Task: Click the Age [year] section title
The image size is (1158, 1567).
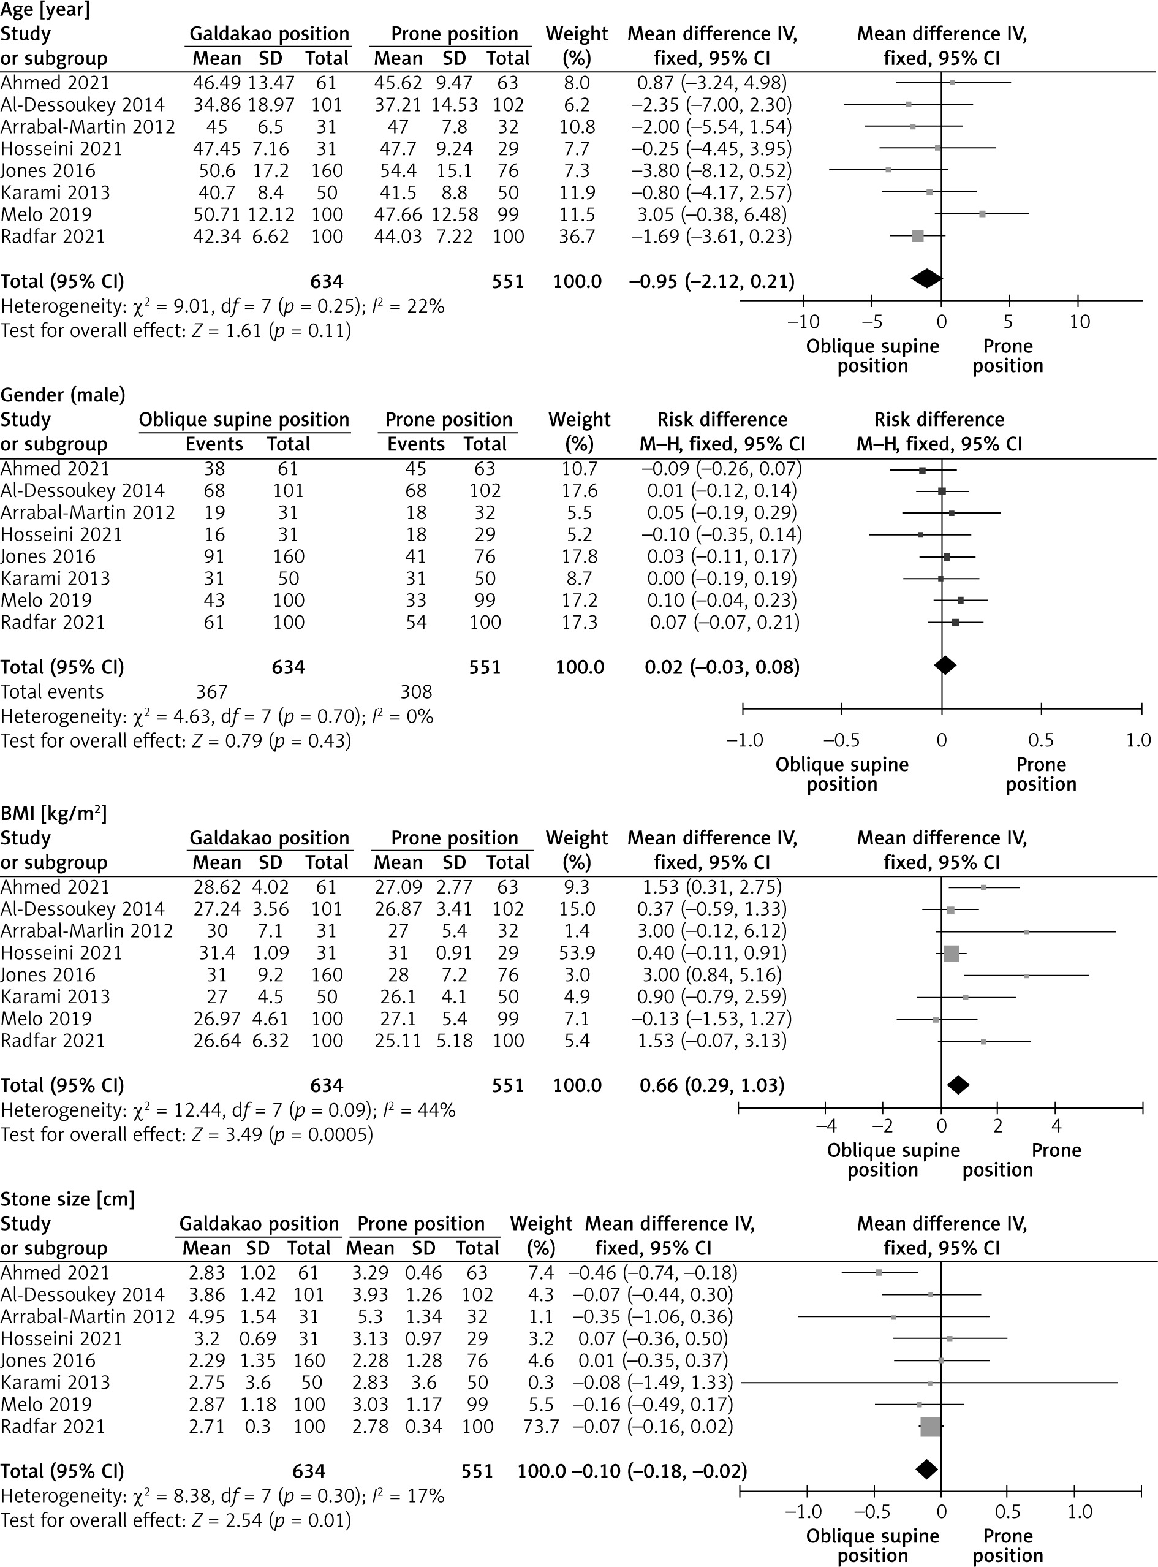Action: pos(45,10)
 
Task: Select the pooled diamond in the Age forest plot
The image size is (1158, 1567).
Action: pos(926,278)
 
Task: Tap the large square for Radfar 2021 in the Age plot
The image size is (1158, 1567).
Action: pos(918,237)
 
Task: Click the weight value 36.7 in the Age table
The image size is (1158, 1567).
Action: pos(577,237)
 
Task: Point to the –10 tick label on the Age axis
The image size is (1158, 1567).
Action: pos(803,322)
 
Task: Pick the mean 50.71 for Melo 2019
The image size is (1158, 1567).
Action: pos(217,214)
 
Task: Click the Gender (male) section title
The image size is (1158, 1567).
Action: pos(63,395)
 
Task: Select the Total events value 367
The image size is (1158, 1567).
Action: pos(212,692)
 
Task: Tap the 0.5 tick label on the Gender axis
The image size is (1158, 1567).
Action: pos(1041,740)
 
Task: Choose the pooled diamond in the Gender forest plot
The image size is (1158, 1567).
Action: pos(945,666)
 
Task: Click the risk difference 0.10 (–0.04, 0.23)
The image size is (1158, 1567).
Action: pos(722,600)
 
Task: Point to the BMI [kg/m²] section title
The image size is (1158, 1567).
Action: pos(54,813)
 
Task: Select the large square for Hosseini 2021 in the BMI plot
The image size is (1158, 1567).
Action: pos(951,954)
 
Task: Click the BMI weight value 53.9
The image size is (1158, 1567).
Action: pos(577,953)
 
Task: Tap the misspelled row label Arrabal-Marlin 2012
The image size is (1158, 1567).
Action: pos(87,931)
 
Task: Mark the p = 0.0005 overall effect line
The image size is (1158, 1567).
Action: pos(187,1134)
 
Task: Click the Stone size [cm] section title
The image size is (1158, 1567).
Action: pos(67,1199)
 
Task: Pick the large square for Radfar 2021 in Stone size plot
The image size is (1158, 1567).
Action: pos(930,1426)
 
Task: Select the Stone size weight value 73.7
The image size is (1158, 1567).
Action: pos(540,1426)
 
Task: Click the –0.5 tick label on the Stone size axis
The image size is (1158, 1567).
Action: pos(874,1512)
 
